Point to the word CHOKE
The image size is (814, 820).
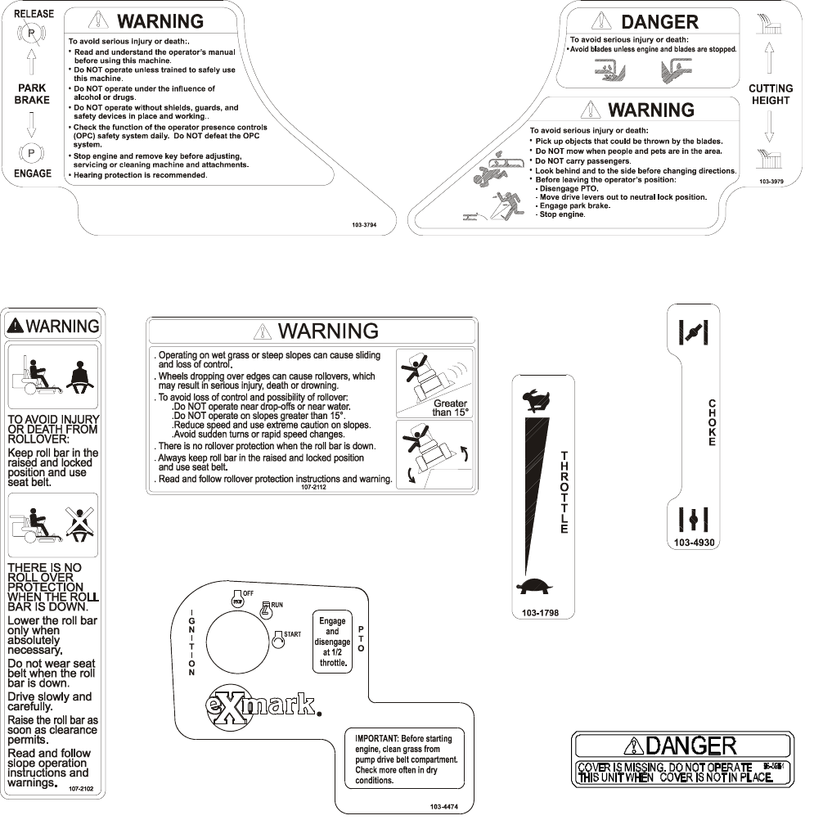tap(712, 422)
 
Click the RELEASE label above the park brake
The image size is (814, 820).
tap(32, 13)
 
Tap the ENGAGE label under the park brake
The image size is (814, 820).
tap(32, 173)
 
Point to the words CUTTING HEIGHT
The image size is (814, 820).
tap(771, 94)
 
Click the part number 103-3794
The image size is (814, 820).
tap(359, 223)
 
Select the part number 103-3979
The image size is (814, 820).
tap(771, 181)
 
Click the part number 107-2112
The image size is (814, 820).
tap(315, 486)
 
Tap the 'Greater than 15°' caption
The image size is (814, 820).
tap(450, 408)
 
